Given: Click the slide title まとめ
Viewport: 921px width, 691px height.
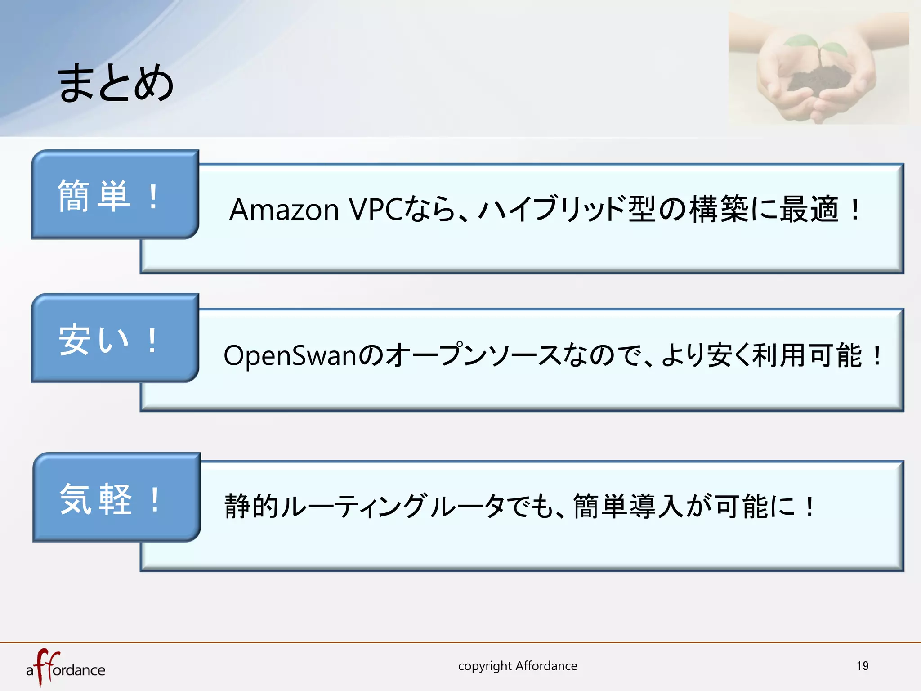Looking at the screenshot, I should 116,83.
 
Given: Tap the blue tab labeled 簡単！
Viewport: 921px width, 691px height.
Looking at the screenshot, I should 115,195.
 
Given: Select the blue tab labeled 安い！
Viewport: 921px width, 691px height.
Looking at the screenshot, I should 115,339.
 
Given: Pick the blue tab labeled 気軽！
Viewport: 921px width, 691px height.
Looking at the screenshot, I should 116,498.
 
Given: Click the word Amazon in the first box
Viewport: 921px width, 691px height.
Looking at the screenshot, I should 284,210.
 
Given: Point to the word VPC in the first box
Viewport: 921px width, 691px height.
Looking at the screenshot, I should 376,210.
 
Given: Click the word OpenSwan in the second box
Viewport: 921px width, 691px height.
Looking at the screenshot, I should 290,355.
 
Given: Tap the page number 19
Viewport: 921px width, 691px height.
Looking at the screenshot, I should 862,666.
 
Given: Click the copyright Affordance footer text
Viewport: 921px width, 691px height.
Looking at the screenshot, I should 518,666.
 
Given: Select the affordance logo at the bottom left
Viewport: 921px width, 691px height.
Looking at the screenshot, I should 66,668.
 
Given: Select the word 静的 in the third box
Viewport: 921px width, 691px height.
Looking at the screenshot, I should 251,506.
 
